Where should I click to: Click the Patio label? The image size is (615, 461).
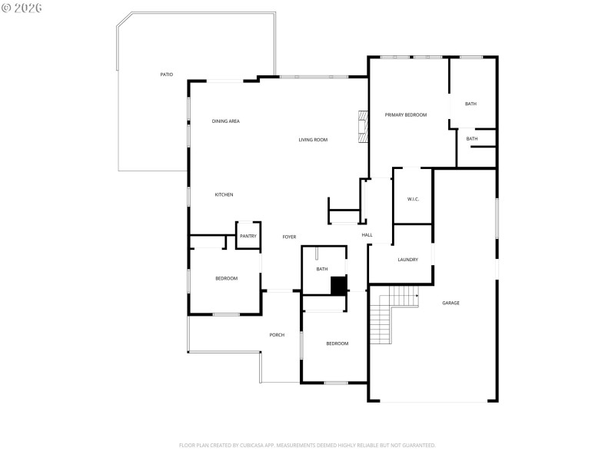[166, 75]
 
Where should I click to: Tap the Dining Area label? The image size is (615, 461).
[226, 121]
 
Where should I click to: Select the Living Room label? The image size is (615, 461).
[314, 140]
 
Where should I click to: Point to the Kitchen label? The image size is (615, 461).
[224, 195]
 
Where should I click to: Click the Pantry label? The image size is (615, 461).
[248, 236]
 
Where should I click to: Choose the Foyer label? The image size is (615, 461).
[289, 237]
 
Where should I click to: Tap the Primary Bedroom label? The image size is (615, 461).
[406, 114]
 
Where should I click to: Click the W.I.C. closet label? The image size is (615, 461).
[413, 199]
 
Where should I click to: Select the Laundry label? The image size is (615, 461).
[408, 260]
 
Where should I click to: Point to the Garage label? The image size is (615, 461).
[450, 303]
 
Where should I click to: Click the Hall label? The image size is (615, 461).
[367, 235]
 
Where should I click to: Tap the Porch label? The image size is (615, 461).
[277, 335]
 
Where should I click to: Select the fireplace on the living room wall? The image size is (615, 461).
[361, 128]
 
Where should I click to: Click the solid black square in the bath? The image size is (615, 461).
[337, 285]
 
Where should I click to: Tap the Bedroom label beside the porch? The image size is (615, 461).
[337, 343]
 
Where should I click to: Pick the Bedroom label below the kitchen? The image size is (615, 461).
[226, 278]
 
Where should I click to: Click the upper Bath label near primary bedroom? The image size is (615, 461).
[470, 104]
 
